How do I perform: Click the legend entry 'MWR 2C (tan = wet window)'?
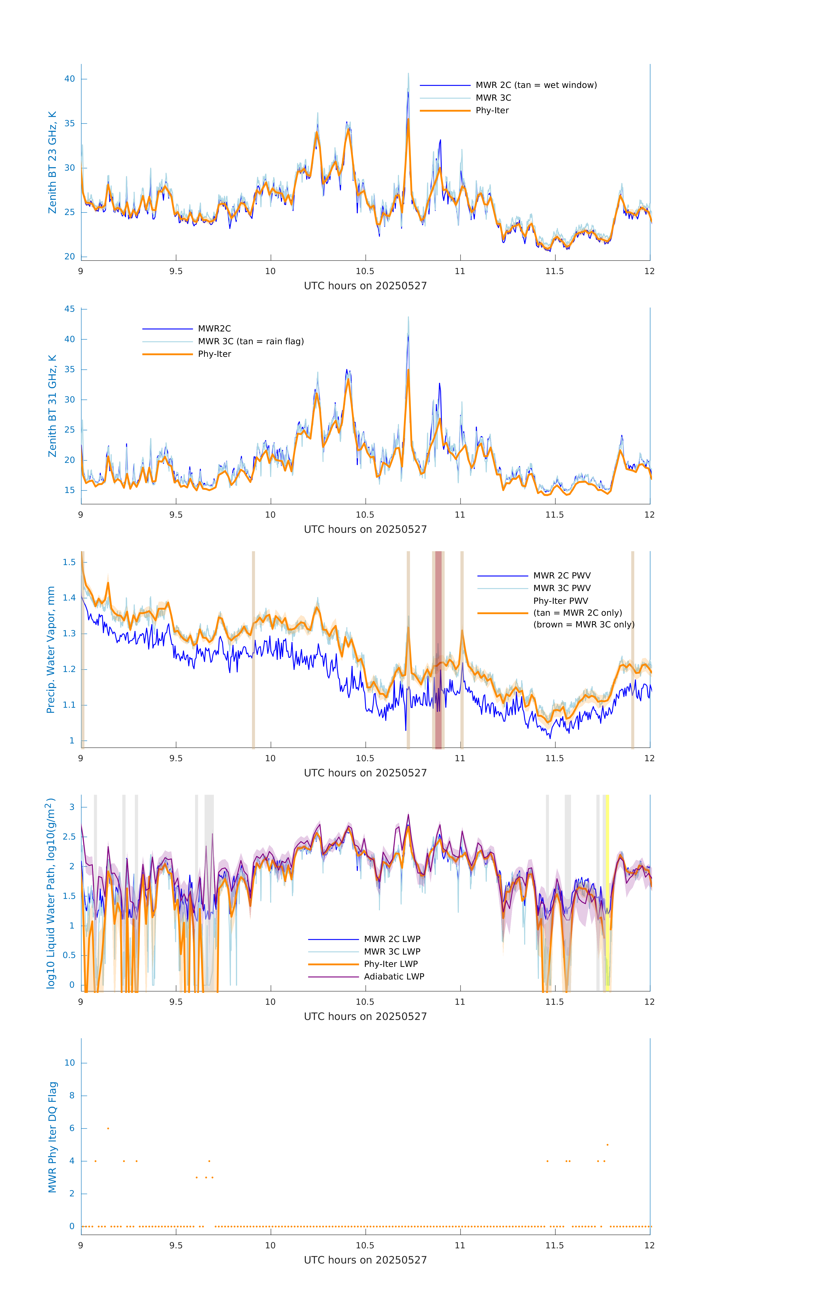tap(536, 85)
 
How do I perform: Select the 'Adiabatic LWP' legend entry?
tap(394, 976)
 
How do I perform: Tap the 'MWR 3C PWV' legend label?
tap(562, 588)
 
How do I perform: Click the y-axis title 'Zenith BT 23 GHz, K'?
tap(52, 162)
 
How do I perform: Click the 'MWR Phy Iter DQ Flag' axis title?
tap(52, 1137)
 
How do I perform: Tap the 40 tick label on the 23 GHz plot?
tap(69, 79)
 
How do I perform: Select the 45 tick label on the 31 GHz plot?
tap(69, 309)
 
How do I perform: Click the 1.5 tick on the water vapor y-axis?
tap(69, 562)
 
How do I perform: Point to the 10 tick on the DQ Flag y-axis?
tap(69, 1063)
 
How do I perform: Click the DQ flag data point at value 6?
tap(108, 1128)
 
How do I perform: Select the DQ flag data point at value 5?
tap(607, 1145)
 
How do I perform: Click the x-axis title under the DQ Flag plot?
tap(365, 1260)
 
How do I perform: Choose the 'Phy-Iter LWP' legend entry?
tap(391, 964)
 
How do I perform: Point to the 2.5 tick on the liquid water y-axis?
tap(69, 837)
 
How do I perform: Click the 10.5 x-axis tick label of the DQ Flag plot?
tap(365, 1246)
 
